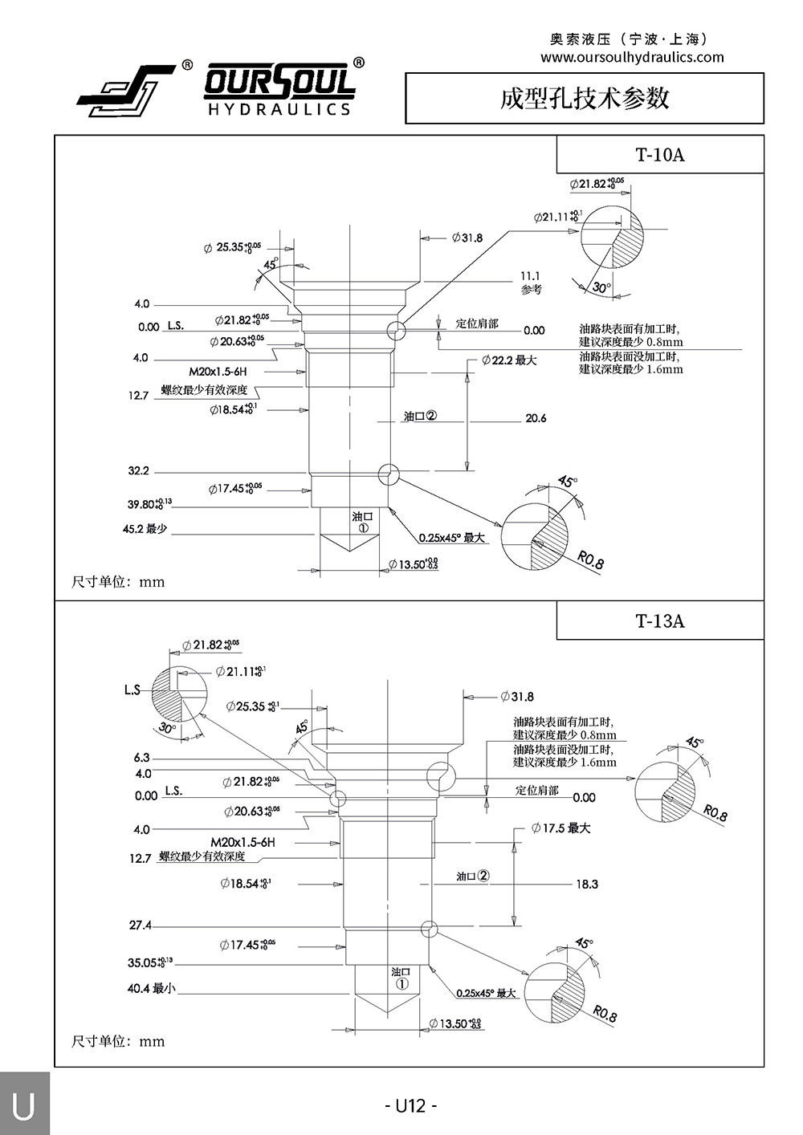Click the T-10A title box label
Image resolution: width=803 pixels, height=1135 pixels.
tap(660, 155)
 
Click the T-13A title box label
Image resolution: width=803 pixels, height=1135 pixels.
tap(660, 620)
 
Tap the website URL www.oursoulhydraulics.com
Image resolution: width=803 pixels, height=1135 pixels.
tap(632, 58)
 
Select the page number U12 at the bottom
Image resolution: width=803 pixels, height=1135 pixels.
tap(410, 1105)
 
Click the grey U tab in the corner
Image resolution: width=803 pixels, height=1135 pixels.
tap(24, 1105)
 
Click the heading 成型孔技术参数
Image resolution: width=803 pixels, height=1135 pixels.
tap(585, 98)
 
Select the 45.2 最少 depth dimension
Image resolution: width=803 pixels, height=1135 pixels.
tap(145, 530)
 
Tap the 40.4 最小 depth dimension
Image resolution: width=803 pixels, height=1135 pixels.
tap(150, 988)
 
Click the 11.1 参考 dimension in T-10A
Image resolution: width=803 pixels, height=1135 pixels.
tap(531, 282)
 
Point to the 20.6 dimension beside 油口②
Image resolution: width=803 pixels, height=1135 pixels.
tap(536, 418)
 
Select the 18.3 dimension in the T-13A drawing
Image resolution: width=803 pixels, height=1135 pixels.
tap(587, 884)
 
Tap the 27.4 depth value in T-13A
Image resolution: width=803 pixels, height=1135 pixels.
tap(140, 925)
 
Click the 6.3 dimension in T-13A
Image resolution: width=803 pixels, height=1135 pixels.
tap(141, 758)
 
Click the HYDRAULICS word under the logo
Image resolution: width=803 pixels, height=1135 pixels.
tap(279, 109)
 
